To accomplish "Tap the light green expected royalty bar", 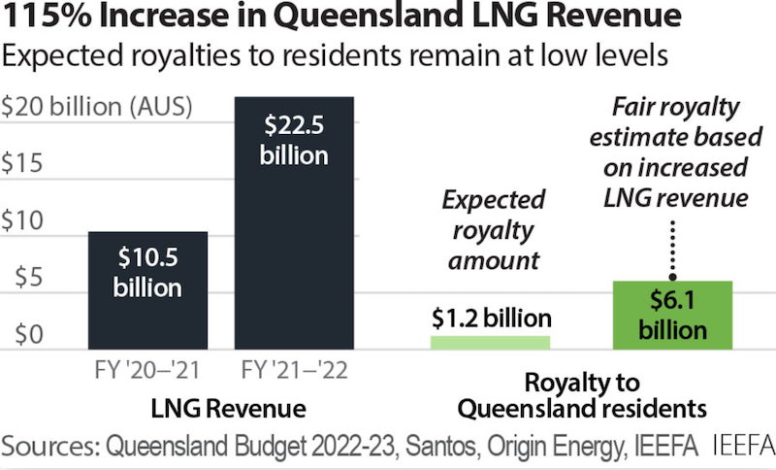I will tap(490, 342).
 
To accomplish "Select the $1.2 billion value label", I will tap(492, 319).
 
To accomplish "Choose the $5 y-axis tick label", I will tap(18, 279).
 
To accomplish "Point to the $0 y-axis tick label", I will tap(18, 336).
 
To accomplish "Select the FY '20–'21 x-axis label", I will tap(147, 371).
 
